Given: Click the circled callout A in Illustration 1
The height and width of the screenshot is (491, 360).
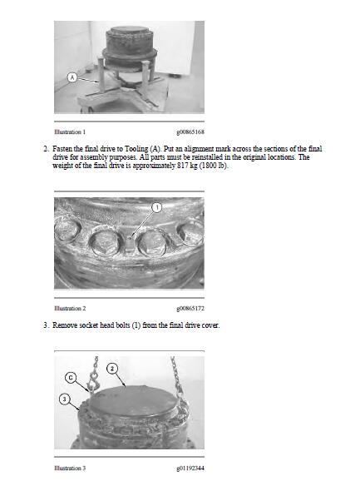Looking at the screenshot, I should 72,77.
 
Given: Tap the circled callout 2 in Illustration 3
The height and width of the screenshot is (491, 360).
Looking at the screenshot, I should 113,368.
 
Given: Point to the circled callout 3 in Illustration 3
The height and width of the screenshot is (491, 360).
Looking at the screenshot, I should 65,400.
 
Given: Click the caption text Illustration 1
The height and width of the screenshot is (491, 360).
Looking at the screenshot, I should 70,131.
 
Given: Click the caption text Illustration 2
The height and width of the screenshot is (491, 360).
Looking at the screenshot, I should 70,308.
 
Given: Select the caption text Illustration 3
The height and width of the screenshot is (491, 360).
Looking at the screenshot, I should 70,469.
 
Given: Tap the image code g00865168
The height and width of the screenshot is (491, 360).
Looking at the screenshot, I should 190,131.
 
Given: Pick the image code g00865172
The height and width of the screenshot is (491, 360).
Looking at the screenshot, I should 190,308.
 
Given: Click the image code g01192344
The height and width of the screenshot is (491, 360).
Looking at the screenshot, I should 190,469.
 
